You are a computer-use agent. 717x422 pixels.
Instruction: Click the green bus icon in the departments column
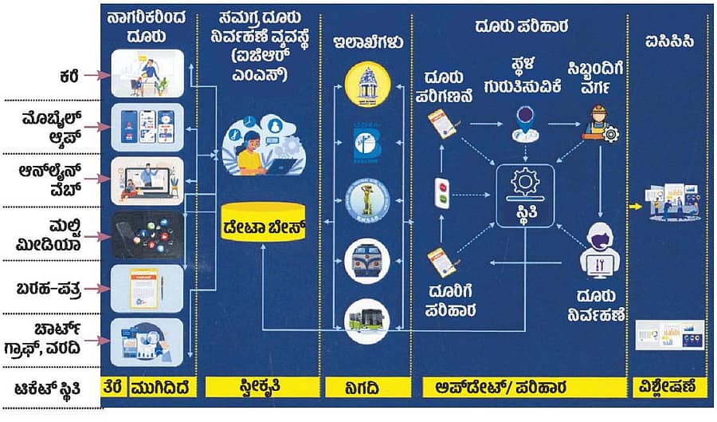(x=366, y=319)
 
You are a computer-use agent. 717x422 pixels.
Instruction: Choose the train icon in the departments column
(x=366, y=259)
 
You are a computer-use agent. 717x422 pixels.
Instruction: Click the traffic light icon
(x=440, y=191)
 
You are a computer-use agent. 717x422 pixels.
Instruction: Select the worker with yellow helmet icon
(x=597, y=124)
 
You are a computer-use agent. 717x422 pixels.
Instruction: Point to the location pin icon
(x=525, y=120)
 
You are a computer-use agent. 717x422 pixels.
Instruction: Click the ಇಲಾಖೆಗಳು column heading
(x=366, y=41)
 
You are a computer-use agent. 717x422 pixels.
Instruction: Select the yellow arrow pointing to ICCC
(x=635, y=206)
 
